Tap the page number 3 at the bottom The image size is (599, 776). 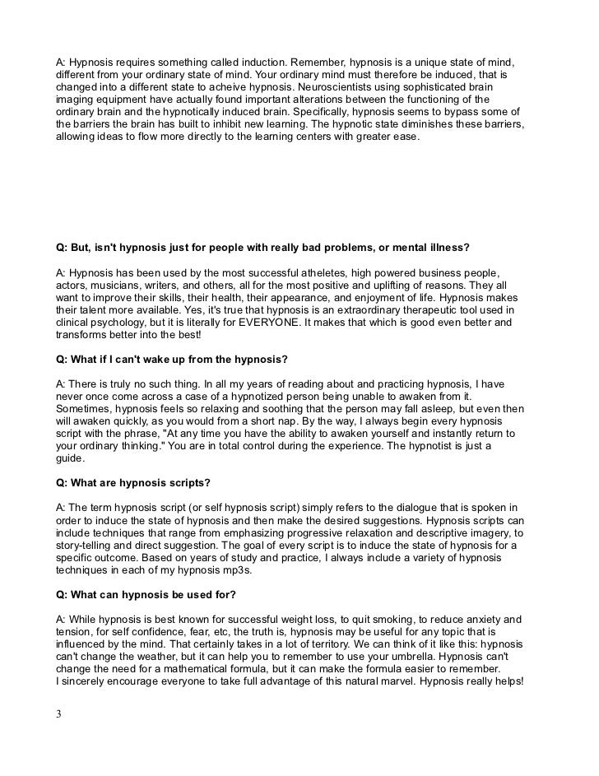[58, 714]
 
